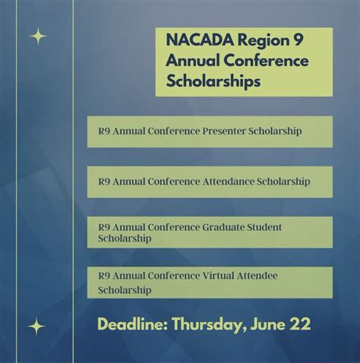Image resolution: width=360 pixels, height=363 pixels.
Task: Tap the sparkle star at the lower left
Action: click(36, 327)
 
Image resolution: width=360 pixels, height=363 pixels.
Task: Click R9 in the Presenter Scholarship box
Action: click(104, 131)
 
